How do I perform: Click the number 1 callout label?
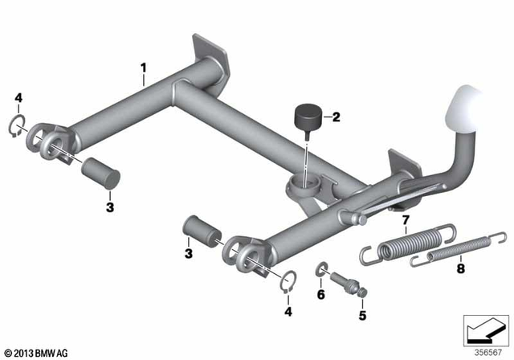[x=143, y=70]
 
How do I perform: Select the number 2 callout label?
[x=336, y=117]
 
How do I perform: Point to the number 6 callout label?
[x=321, y=294]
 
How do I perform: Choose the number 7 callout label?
[x=405, y=219]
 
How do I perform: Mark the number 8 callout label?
[x=460, y=271]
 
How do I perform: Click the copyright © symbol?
[x=9, y=352]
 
